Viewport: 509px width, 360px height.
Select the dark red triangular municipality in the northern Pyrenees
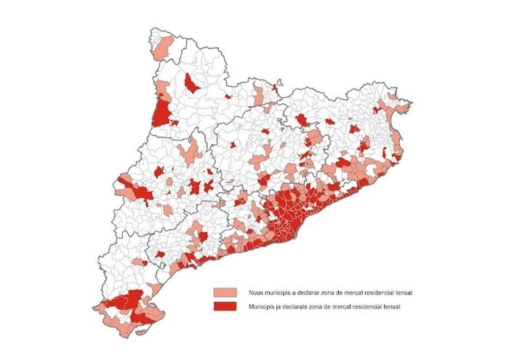pos(193,84)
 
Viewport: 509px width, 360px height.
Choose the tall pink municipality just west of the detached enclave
pos(258,95)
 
